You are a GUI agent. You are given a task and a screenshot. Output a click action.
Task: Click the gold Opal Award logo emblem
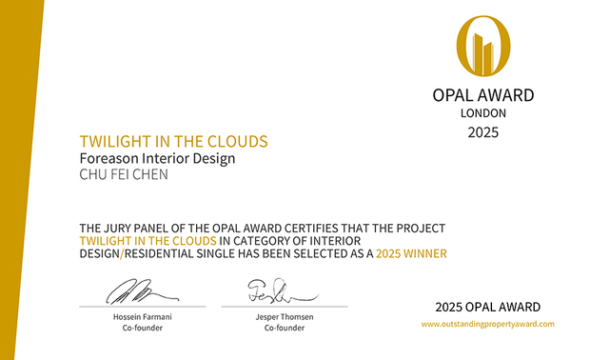pyautogui.click(x=483, y=47)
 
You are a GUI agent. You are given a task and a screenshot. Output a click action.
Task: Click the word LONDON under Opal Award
pyautogui.click(x=483, y=112)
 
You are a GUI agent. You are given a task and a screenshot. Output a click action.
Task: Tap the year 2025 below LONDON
pyautogui.click(x=483, y=131)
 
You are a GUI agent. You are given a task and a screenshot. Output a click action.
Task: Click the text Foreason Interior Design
pyautogui.click(x=156, y=158)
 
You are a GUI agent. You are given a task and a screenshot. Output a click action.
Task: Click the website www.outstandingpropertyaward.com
pyautogui.click(x=487, y=324)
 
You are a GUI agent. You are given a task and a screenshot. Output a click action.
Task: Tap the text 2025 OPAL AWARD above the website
pyautogui.click(x=487, y=307)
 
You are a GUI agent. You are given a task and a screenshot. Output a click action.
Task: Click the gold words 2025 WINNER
pyautogui.click(x=411, y=254)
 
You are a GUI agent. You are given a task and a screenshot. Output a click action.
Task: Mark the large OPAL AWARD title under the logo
pyautogui.click(x=483, y=95)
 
